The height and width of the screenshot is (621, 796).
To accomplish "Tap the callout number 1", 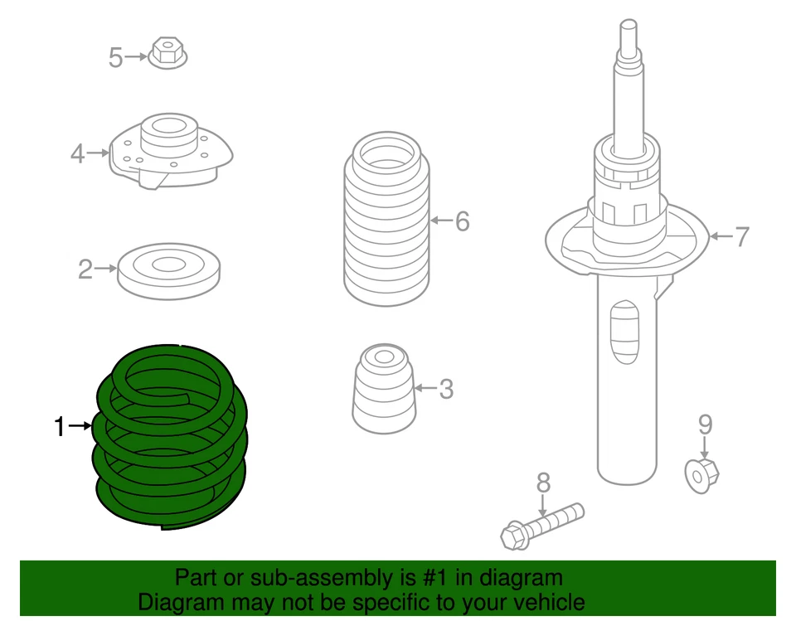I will pos(59,427).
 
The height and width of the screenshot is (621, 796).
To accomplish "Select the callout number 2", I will pos(85,269).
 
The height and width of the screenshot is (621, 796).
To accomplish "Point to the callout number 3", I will pos(446,388).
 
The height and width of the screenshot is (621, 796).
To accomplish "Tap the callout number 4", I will pos(77,153).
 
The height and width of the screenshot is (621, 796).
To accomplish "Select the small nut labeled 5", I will pos(169,54).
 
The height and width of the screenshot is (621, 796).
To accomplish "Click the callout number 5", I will pos(115,58).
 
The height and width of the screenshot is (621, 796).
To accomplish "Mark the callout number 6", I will pos(462,221).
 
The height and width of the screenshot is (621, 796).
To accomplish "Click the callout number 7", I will pos(741,237).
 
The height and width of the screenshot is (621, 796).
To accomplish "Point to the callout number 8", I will pos(542,481).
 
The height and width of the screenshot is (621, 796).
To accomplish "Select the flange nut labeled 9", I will pos(703,473).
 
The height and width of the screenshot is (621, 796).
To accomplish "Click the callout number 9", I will pos(704,425).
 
